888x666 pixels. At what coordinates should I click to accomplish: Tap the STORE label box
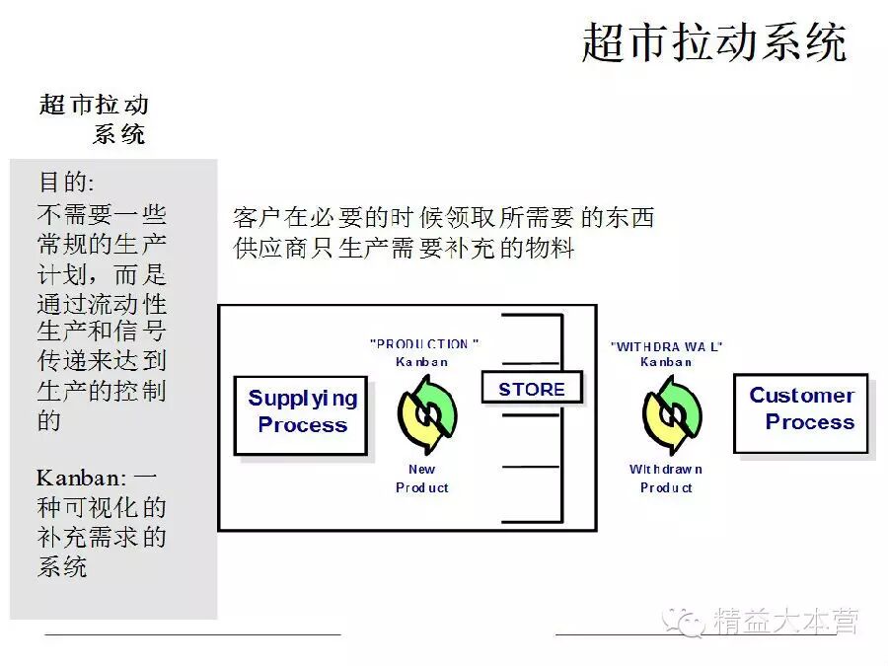[531, 389]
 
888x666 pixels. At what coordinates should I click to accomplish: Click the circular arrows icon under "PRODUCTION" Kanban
[427, 414]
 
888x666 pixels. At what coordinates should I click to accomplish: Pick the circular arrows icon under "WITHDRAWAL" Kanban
[671, 414]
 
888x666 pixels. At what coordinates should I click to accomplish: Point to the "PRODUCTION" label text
[424, 344]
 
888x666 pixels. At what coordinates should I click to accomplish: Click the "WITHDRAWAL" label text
[666, 346]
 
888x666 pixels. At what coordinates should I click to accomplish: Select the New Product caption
[422, 479]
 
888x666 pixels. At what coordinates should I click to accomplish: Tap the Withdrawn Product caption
[666, 479]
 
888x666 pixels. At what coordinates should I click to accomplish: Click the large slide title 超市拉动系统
[713, 43]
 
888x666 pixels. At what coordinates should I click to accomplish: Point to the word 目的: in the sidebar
[66, 183]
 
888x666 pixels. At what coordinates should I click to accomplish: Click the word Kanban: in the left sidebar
[82, 479]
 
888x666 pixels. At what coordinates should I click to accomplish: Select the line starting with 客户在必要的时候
[443, 217]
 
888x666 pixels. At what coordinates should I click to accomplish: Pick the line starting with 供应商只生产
[404, 247]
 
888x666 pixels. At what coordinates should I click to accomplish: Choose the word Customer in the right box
[801, 396]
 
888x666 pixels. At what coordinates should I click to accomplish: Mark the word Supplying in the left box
[302, 399]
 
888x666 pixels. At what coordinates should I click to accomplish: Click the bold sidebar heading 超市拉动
[95, 105]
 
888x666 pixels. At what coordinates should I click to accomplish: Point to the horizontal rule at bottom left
[192, 633]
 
